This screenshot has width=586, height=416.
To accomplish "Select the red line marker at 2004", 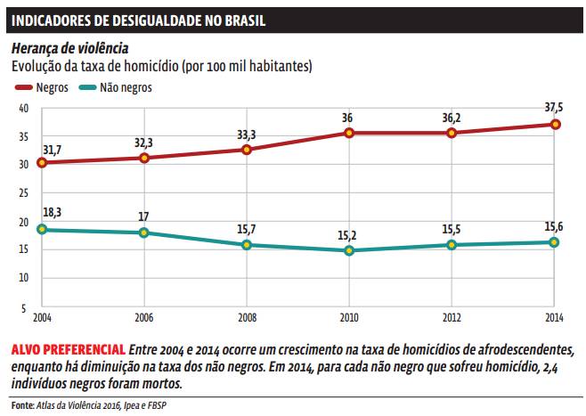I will (x=42, y=163).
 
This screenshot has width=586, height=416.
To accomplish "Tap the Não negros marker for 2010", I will (x=350, y=251).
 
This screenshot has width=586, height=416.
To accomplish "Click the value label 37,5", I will (x=554, y=108).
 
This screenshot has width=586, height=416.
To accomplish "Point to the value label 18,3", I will (x=51, y=212).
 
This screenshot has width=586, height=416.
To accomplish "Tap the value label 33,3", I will (x=247, y=135).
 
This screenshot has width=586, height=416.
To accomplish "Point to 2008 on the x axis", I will (x=247, y=317).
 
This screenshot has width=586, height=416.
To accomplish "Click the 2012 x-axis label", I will (x=452, y=317).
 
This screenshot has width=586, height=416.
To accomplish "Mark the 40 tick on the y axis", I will (x=23, y=108).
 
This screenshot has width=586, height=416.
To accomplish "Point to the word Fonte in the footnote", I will (x=21, y=405).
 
